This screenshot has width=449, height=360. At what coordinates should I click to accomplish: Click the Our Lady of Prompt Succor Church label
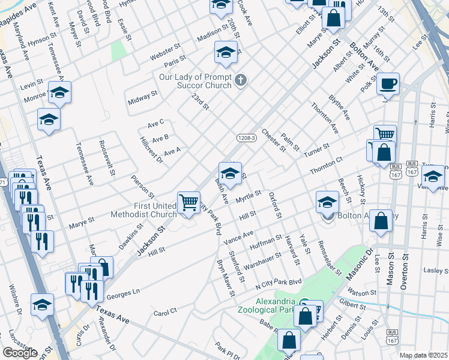[195, 81]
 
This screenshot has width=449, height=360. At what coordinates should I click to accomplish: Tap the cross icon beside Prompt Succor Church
[240, 80]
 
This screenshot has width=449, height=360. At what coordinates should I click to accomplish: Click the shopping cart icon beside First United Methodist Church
[188, 203]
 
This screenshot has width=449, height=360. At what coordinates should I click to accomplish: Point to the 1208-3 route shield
[247, 137]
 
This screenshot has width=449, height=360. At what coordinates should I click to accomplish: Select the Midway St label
[143, 98]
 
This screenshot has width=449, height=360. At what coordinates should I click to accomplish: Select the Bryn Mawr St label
[225, 279]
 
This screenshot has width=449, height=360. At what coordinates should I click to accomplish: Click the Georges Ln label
[122, 294]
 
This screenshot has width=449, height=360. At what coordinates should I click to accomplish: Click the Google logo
[20, 352]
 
